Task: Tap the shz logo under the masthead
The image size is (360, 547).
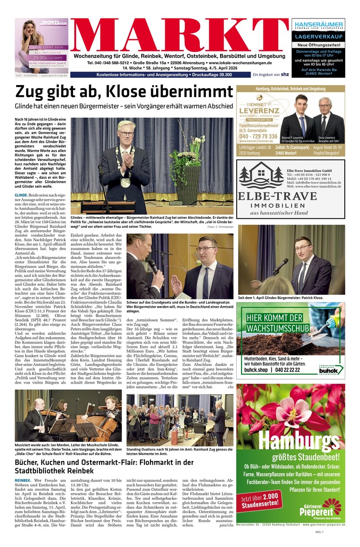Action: pos(284,74)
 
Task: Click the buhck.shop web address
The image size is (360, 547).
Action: pos(256,370)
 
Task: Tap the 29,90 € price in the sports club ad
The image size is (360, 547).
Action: pos(39,58)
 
